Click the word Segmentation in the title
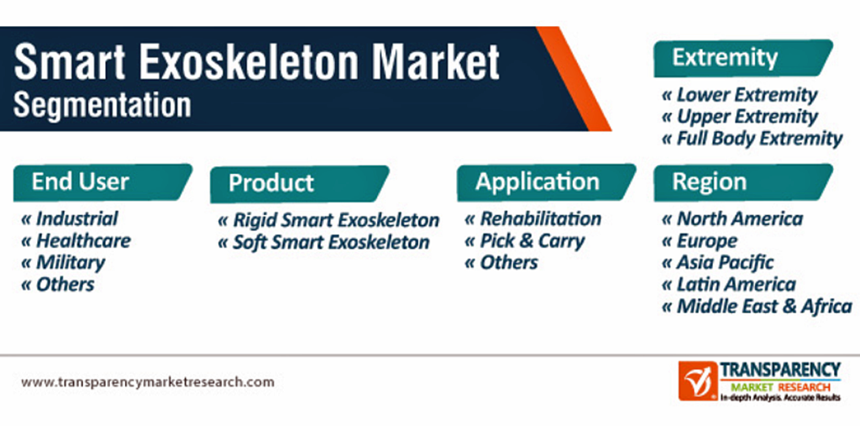102,105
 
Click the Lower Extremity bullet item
740,95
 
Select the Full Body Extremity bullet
752,139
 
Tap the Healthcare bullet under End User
76,240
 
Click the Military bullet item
63,262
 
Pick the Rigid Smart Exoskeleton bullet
328,220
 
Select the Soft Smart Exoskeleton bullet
323,242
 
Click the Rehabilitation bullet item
532,218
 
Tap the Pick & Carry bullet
525,240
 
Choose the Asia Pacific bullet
718,262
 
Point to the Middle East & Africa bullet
757,306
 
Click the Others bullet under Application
501,262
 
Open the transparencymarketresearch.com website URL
148,381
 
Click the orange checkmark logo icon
697,381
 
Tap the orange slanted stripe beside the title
574,78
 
